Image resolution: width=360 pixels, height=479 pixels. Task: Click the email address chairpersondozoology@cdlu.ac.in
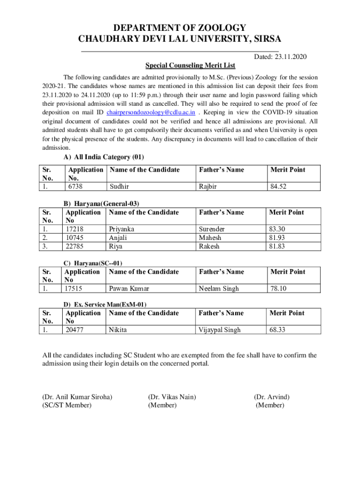tap(151, 113)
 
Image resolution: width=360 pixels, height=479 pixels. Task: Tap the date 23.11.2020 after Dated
tap(290, 57)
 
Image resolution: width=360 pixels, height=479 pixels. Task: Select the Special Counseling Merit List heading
tap(190, 65)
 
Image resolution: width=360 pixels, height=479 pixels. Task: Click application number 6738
tap(77, 186)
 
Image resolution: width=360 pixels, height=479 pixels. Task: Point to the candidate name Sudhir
tap(119, 186)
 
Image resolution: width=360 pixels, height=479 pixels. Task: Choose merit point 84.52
tap(278, 186)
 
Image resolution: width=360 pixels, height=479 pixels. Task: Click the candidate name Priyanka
tap(122, 229)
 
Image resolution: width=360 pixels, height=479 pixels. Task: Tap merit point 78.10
tap(277, 289)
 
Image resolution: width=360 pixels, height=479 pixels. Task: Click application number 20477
tap(75, 330)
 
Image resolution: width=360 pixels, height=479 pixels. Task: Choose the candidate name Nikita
tap(118, 330)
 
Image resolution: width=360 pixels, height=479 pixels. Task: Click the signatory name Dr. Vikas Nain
tap(172, 397)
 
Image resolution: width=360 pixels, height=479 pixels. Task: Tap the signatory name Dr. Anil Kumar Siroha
tap(77, 397)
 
